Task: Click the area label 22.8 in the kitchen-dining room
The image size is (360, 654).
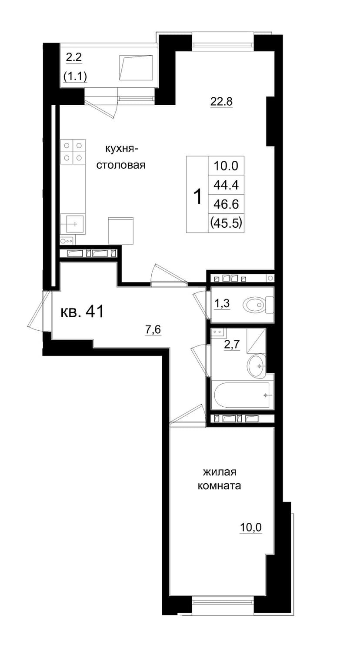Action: (x=221, y=102)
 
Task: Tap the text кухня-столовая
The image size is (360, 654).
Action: (x=121, y=157)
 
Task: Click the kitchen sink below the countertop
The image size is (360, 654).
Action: (x=73, y=224)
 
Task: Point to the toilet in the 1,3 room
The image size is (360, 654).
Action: (x=258, y=305)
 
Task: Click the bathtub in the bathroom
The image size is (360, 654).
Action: (x=242, y=395)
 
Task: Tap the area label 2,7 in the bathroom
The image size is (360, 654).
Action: (x=231, y=345)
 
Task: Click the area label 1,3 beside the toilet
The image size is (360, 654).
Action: (x=222, y=304)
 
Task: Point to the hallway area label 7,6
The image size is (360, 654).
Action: (x=153, y=330)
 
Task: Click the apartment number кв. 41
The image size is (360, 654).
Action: (x=82, y=312)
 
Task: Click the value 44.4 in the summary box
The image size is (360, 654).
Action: (x=226, y=185)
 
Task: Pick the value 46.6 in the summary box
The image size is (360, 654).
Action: (x=226, y=204)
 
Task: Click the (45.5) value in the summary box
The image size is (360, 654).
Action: (x=226, y=223)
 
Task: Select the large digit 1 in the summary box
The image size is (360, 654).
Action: (x=198, y=197)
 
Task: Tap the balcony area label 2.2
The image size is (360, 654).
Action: (x=73, y=57)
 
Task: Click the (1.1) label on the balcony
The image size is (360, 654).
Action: (x=75, y=76)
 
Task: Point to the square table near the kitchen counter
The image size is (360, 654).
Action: (x=121, y=230)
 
